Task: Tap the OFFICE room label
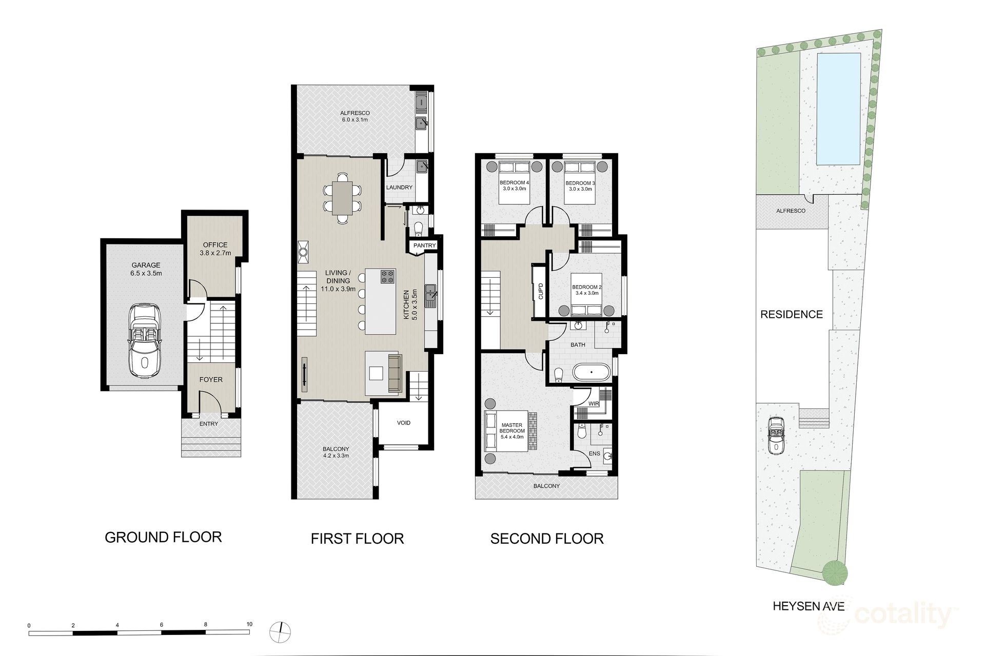click(215, 245)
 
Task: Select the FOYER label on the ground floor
click(211, 380)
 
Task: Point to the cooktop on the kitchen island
click(388, 277)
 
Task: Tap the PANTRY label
click(425, 245)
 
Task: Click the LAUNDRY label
click(399, 188)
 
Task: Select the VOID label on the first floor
click(404, 423)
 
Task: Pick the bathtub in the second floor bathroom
click(592, 372)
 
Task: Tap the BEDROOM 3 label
click(580, 183)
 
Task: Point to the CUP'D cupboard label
click(541, 291)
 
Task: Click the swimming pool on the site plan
click(838, 109)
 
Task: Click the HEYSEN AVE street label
click(809, 606)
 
